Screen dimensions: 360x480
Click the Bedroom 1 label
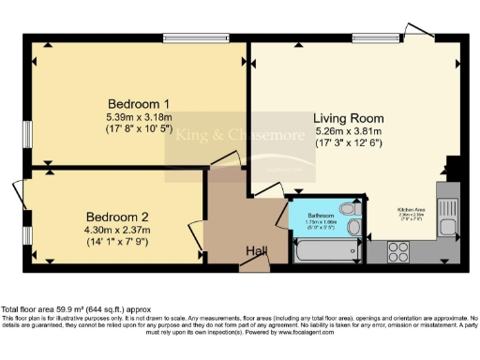(138, 103)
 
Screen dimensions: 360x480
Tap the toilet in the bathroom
(349, 209)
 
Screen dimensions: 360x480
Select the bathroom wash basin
(353, 229)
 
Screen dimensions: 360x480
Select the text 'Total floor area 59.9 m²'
(52, 309)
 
